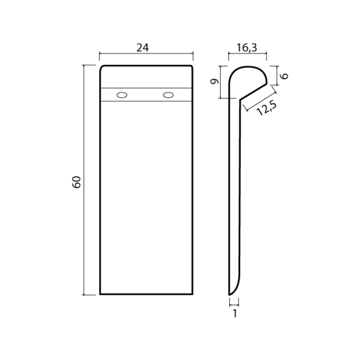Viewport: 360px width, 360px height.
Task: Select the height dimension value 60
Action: click(x=76, y=182)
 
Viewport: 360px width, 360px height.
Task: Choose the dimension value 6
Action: click(x=285, y=76)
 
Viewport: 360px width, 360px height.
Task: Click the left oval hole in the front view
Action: click(x=122, y=94)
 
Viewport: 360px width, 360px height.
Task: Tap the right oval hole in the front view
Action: click(x=168, y=94)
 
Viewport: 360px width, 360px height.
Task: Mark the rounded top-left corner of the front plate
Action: click(x=102, y=67)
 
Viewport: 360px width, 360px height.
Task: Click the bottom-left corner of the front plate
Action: click(x=100, y=295)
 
